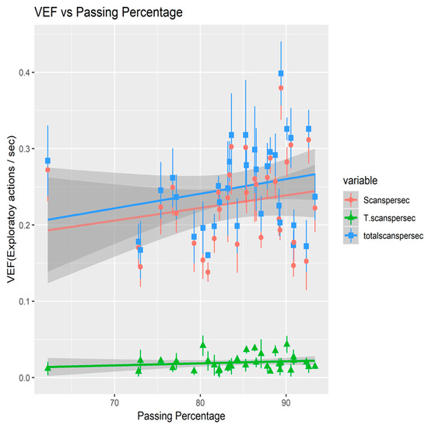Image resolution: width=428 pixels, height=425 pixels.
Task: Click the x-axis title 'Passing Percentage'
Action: coord(180,415)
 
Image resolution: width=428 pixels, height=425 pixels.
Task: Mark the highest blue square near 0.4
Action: coord(281,73)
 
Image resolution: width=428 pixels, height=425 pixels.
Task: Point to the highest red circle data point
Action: coord(281,88)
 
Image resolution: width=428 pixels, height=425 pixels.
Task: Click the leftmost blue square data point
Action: coord(47,160)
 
